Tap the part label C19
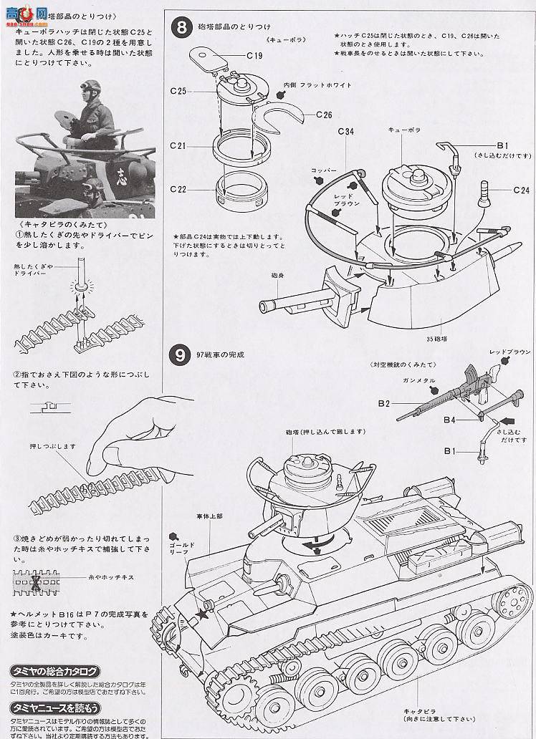point(256,54)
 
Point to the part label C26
point(323,114)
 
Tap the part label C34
point(346,131)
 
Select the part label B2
point(383,405)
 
